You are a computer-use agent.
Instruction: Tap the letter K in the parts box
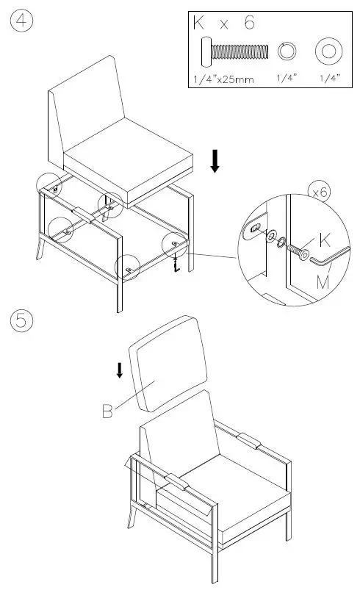(198, 24)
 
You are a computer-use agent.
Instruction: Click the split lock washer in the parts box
(287, 51)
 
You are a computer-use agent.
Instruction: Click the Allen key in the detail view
(326, 258)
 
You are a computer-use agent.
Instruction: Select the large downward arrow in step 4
(215, 160)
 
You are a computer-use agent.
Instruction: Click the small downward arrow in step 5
(120, 370)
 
